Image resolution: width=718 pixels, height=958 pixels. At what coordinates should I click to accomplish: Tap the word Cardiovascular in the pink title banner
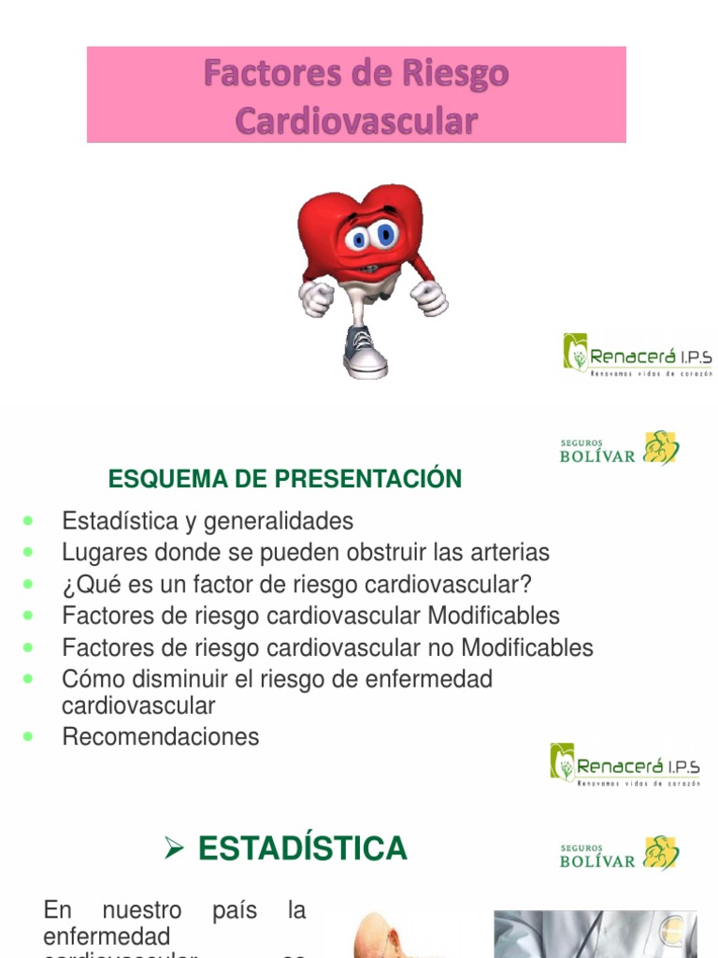[356, 121]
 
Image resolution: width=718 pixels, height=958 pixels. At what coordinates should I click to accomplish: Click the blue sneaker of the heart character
[364, 354]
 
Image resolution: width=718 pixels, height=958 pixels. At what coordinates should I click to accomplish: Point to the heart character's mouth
[368, 268]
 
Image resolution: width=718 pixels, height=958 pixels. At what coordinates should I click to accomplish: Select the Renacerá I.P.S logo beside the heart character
[638, 356]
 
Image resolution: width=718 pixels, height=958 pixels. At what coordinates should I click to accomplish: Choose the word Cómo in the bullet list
[92, 679]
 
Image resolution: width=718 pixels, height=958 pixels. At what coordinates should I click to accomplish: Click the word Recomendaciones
[161, 737]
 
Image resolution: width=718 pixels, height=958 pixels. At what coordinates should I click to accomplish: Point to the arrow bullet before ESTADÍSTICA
[173, 849]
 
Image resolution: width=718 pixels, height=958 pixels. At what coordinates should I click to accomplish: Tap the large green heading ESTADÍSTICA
[303, 849]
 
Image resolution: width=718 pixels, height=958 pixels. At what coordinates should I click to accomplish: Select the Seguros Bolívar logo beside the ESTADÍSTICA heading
[619, 852]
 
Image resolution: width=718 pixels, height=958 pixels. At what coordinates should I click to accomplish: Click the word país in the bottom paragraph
[235, 910]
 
